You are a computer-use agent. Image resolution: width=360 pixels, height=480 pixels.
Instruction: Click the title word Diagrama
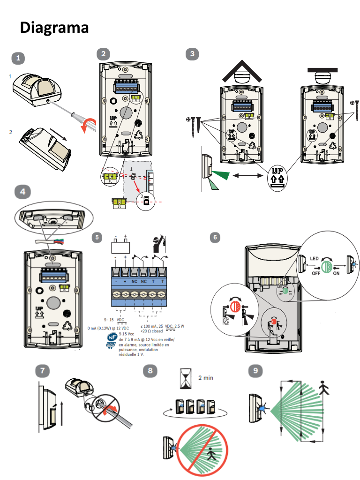coord(54,27)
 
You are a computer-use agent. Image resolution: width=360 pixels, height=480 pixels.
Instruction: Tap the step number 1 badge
coord(18,58)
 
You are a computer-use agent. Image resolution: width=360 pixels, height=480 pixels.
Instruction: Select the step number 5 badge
coord(97,237)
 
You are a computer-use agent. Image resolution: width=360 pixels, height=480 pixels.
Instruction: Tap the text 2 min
coord(206,377)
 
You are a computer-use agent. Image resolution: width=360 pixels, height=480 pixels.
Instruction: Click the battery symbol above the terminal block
coord(120,247)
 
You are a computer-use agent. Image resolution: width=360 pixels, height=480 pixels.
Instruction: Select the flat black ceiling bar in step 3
coord(323,70)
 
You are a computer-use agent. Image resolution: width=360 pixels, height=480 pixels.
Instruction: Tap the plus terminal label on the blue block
coord(125,281)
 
